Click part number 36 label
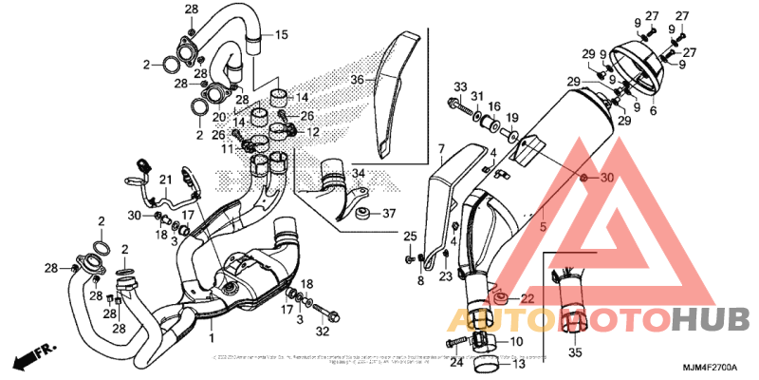pos(357,80)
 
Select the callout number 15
pos(281,35)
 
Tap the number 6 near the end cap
pos(652,111)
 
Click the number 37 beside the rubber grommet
pos(388,214)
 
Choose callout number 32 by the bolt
pos(322,332)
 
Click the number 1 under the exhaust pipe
pos(212,337)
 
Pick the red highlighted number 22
pos(528,299)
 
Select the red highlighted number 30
pos(608,178)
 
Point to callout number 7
pos(440,149)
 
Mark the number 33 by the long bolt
pos(459,86)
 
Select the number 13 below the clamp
pos(518,362)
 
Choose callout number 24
pos(455,362)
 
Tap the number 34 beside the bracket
pos(359,174)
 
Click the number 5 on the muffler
pos(543,227)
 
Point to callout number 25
pos(410,236)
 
